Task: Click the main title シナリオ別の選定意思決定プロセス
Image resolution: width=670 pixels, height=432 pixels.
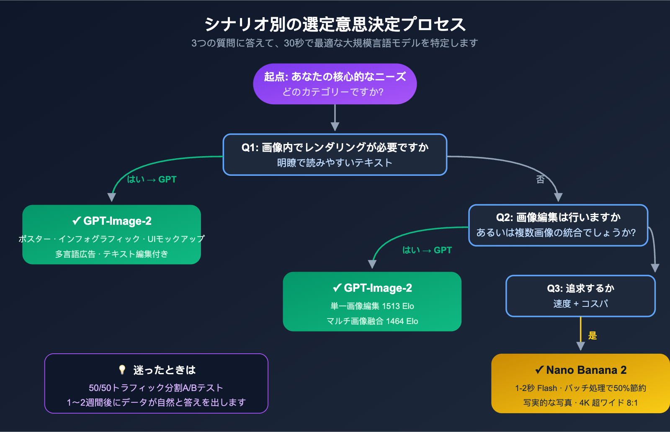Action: (335, 24)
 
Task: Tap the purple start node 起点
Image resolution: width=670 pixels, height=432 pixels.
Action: (335, 84)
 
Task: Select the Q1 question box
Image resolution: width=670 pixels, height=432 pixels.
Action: (335, 154)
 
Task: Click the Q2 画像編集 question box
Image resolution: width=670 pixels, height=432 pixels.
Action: (558, 225)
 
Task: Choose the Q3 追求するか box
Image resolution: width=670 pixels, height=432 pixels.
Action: (580, 296)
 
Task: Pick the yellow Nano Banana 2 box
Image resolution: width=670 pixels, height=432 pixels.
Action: (580, 383)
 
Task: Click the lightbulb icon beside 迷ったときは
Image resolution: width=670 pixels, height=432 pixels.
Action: (122, 370)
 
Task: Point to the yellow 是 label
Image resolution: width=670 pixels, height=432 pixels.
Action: (592, 335)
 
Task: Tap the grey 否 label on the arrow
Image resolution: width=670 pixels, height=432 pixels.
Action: (540, 180)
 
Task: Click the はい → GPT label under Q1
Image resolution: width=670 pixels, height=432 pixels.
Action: (152, 180)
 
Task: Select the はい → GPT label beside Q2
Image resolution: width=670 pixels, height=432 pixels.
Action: (427, 250)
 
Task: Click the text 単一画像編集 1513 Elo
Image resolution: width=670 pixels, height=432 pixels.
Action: (372, 306)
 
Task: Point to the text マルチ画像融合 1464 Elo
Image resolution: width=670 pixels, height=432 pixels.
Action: (372, 321)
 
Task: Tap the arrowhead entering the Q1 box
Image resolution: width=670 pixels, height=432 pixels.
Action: (335, 126)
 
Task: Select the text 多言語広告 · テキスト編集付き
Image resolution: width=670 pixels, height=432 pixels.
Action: (111, 254)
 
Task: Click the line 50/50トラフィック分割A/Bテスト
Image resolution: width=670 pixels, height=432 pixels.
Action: (156, 388)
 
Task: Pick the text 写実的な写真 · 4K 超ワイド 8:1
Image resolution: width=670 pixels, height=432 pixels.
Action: (580, 403)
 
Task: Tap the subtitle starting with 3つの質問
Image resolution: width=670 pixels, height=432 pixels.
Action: (335, 43)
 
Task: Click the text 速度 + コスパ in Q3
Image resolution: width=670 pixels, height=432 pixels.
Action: (580, 303)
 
